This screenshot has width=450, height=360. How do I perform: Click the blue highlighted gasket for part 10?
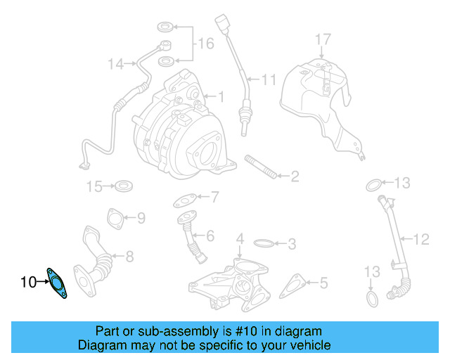(x=57, y=283)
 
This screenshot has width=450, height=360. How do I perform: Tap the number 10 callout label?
(x=28, y=283)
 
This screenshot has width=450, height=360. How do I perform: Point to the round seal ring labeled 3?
(x=262, y=244)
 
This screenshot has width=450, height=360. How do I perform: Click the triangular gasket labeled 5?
(x=293, y=284)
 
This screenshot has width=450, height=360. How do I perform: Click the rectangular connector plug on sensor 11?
(x=223, y=23)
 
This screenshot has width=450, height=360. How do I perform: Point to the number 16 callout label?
(x=205, y=44)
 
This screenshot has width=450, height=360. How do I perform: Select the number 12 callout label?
(x=420, y=240)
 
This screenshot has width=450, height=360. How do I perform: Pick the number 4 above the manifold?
(x=240, y=239)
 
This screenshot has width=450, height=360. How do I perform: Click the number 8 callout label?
(x=129, y=257)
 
